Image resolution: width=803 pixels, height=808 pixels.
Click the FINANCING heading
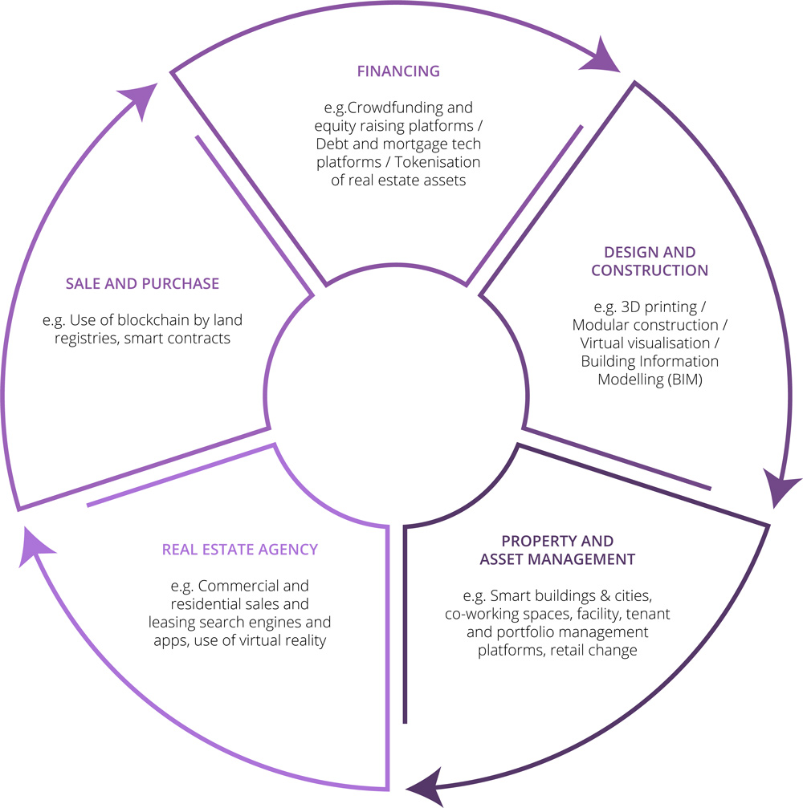(x=398, y=71)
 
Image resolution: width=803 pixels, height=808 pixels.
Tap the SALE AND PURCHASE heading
(x=142, y=283)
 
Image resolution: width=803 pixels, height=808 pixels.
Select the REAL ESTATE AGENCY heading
(x=240, y=550)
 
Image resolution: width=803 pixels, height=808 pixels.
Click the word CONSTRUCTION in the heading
(x=650, y=270)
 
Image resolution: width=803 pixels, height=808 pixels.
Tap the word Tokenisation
(x=438, y=162)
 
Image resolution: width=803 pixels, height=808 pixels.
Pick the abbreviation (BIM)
(x=685, y=380)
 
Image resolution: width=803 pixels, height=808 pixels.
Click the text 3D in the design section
(x=630, y=307)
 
